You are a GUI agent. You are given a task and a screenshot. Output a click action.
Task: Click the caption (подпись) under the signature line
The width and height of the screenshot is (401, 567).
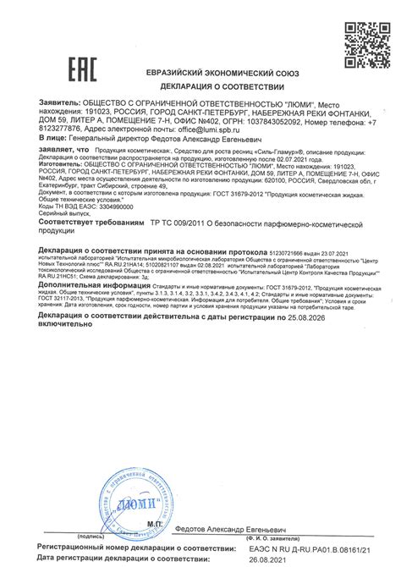coord(91,536)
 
